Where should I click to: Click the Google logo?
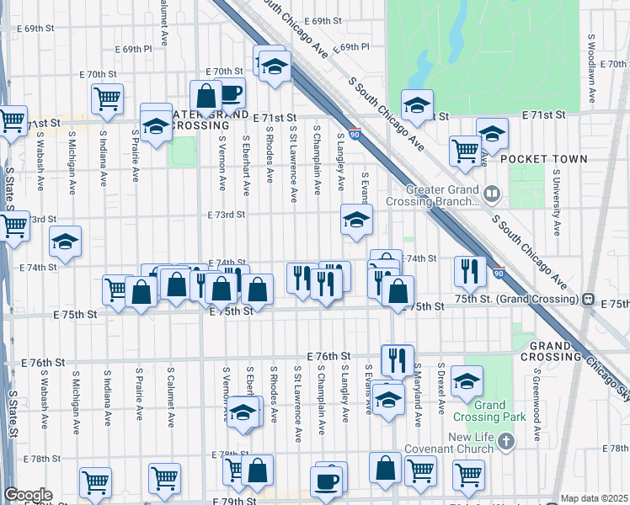pos(28,495)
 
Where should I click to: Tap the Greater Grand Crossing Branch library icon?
pos(492,195)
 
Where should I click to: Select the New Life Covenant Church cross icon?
pos(505,440)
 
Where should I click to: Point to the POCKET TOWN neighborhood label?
pos(544,159)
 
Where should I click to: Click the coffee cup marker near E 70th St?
pos(229,93)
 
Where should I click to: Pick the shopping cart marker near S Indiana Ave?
pos(108,98)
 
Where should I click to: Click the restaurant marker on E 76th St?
pos(398,359)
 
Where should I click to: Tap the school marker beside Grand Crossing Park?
pos(467,381)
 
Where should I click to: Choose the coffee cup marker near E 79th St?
pos(327,481)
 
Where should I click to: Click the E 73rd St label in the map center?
pos(227,215)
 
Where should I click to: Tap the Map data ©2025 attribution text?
pos(595,498)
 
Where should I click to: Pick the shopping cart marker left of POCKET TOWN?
pos(465,151)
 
